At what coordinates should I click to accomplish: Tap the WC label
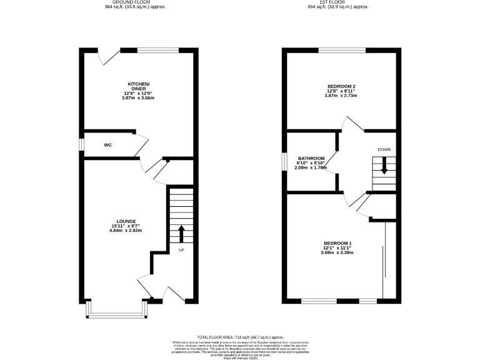(107, 145)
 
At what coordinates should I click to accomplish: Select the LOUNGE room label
(126, 221)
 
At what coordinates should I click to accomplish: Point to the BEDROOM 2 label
(341, 86)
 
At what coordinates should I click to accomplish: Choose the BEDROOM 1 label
(338, 243)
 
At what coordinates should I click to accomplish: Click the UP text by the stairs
(182, 250)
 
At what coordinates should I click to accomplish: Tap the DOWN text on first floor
(384, 149)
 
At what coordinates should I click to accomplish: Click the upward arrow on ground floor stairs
(182, 234)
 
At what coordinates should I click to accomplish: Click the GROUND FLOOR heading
(136, 2)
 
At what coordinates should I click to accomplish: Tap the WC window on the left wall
(81, 144)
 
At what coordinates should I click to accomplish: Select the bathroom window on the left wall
(283, 161)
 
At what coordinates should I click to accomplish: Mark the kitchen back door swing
(108, 57)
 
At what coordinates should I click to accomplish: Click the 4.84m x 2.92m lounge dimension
(126, 231)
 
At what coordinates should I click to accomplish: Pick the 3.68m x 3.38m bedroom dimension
(338, 253)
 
